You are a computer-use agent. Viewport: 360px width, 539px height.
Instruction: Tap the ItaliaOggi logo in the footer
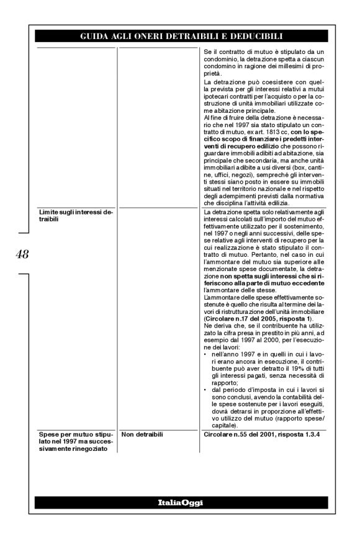(180, 502)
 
